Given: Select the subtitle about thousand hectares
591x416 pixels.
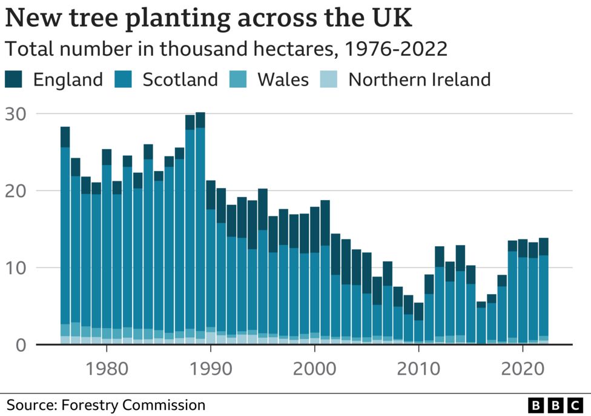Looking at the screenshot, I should coord(226,49).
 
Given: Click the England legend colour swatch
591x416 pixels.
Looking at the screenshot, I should coord(15,79).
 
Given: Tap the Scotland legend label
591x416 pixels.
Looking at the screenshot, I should coord(180,79).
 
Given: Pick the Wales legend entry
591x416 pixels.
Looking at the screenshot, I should coord(282,79).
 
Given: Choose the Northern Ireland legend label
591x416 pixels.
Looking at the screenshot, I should coord(419,79).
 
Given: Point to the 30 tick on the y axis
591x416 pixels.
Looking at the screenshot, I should coord(17,114).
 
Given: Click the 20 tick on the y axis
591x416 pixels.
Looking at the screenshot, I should coord(17,191).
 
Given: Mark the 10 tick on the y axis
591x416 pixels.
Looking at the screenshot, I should coord(17,268).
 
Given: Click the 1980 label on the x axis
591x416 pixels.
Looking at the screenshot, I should coord(107,368).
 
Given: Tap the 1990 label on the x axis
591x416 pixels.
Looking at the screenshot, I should coord(211,368).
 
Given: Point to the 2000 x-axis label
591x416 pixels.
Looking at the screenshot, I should coord(315,368).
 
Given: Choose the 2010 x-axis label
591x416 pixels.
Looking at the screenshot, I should coord(418,368).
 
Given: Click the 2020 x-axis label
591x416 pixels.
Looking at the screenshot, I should coord(522,368).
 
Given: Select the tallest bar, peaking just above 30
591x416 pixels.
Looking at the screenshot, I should coord(200,230).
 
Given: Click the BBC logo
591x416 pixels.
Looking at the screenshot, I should coord(554,405).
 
